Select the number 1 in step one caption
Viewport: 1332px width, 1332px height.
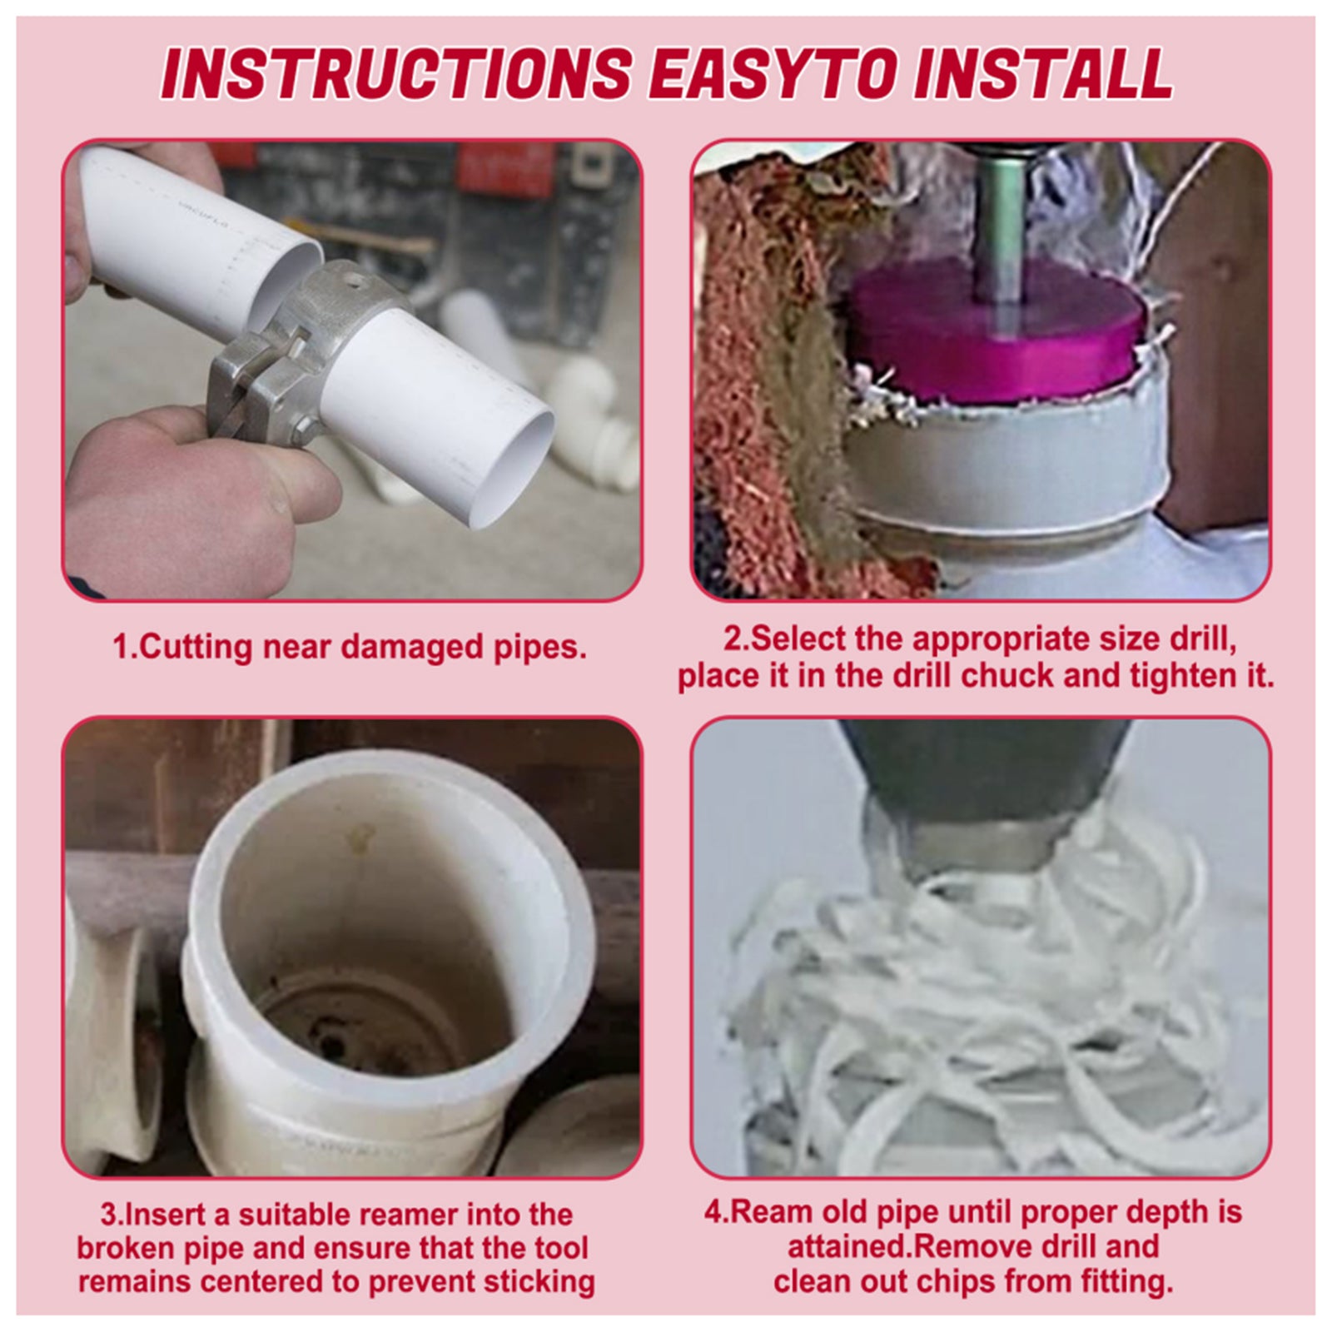[x=122, y=647]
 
